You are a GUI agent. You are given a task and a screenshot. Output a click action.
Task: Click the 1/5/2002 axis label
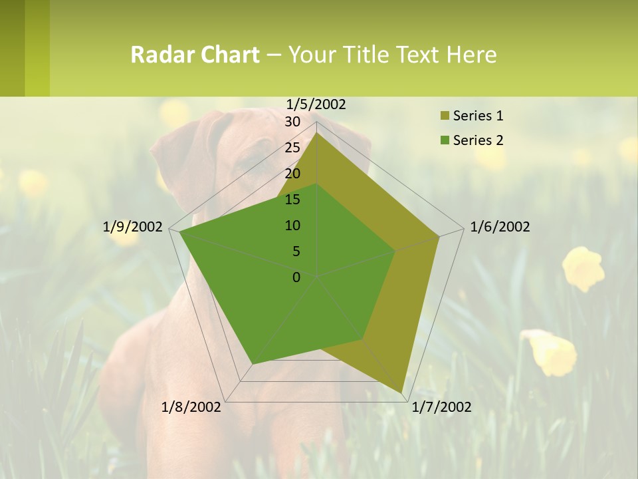click(x=316, y=104)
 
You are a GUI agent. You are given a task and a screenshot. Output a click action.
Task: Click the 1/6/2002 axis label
click(x=500, y=227)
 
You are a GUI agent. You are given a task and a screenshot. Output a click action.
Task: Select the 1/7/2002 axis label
click(x=441, y=406)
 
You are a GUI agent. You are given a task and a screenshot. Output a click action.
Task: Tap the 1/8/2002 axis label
click(x=191, y=406)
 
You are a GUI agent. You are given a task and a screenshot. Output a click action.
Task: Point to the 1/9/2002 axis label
click(x=132, y=227)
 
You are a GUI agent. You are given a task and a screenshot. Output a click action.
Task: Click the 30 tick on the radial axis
click(x=292, y=122)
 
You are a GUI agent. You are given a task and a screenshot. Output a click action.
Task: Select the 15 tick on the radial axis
click(x=292, y=200)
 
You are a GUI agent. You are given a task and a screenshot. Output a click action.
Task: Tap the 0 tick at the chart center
click(x=296, y=277)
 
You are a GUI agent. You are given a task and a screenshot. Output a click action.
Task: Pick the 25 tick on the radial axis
click(x=292, y=148)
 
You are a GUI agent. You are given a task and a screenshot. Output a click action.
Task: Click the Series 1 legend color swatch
click(x=445, y=116)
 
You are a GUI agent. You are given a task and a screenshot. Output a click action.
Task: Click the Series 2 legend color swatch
click(x=445, y=140)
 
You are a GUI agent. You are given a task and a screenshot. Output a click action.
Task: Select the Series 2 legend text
click(x=478, y=140)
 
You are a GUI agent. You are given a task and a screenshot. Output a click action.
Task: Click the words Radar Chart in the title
click(x=195, y=55)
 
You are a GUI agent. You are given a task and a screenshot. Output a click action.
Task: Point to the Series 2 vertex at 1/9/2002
click(x=179, y=232)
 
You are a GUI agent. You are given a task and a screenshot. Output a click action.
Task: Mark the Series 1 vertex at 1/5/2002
click(x=317, y=133)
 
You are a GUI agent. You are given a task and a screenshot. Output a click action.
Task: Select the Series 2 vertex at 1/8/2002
click(x=253, y=364)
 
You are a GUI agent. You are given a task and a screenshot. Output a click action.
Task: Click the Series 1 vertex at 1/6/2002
click(x=439, y=236)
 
